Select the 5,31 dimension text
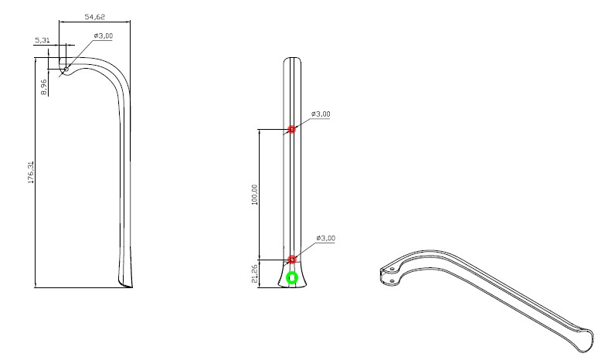tap(42, 39)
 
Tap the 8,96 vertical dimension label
tap(45, 87)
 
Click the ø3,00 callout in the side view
tap(104, 36)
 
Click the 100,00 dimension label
tap(254, 194)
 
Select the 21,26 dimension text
tap(254, 272)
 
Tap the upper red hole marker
tap(292, 129)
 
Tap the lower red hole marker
tap(292, 260)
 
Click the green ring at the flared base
tap(292, 277)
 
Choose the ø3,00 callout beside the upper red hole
tap(321, 114)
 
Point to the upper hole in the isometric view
tap(393, 268)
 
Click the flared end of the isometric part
tap(583, 338)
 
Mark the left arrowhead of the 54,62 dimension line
tap(63, 22)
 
